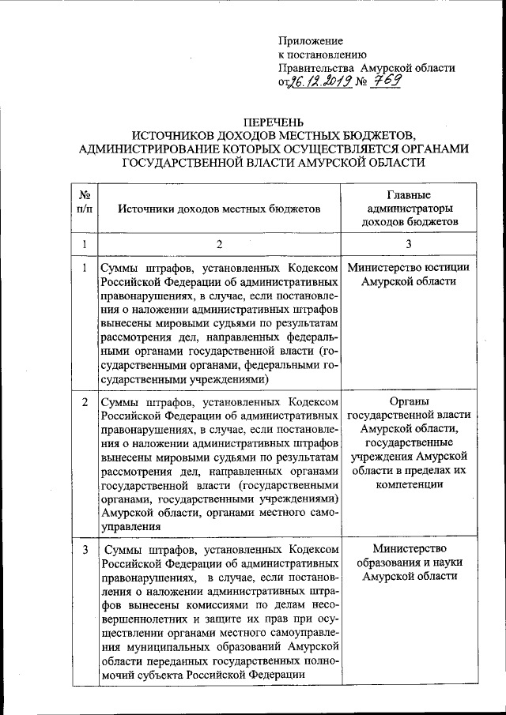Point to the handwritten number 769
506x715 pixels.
[384, 81]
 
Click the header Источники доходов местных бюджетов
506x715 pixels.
[220, 209]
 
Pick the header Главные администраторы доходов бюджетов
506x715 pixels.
[409, 209]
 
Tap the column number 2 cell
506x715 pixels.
[220, 245]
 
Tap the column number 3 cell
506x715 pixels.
[409, 245]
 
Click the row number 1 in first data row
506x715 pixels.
[84, 268]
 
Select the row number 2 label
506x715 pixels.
[84, 403]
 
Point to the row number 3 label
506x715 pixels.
[84, 549]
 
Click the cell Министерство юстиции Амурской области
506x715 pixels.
[409, 275]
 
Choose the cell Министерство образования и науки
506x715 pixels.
[409, 563]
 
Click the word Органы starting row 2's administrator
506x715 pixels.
[409, 402]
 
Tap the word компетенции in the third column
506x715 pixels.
[409, 484]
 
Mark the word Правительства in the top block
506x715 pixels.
[314, 68]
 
